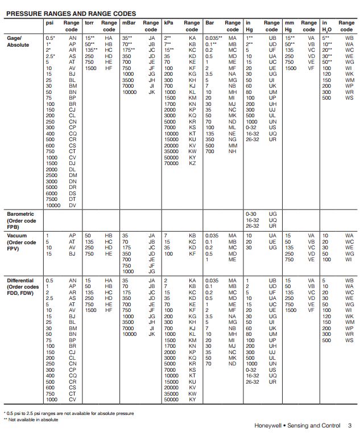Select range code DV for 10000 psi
click(72, 205)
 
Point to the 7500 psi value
click(53, 199)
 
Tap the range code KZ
click(192, 163)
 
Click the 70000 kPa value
click(172, 163)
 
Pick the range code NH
click(232, 151)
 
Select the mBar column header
click(129, 23)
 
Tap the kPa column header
click(168, 23)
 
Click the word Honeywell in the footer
click(270, 426)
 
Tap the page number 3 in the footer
click(350, 426)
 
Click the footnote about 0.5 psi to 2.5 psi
click(68, 413)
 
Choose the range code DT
click(72, 199)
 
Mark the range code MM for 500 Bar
click(232, 145)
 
